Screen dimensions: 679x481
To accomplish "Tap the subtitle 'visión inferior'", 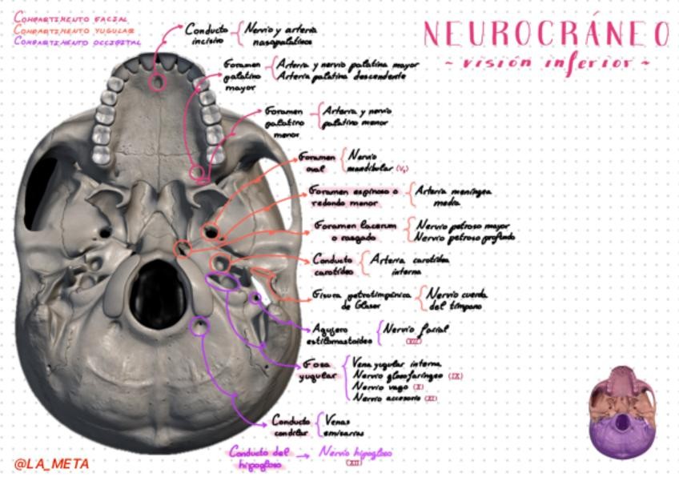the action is point(546,62).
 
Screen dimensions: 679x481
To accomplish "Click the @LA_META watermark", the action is point(51,463).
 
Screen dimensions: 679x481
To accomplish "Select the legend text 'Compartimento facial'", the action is point(70,17).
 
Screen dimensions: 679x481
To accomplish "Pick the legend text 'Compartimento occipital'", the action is point(78,41).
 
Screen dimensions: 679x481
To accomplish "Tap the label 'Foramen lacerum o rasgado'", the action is point(354,231).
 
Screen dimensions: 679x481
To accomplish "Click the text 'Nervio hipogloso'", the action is point(355,454).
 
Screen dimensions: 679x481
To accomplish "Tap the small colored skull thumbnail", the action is point(622,411).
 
